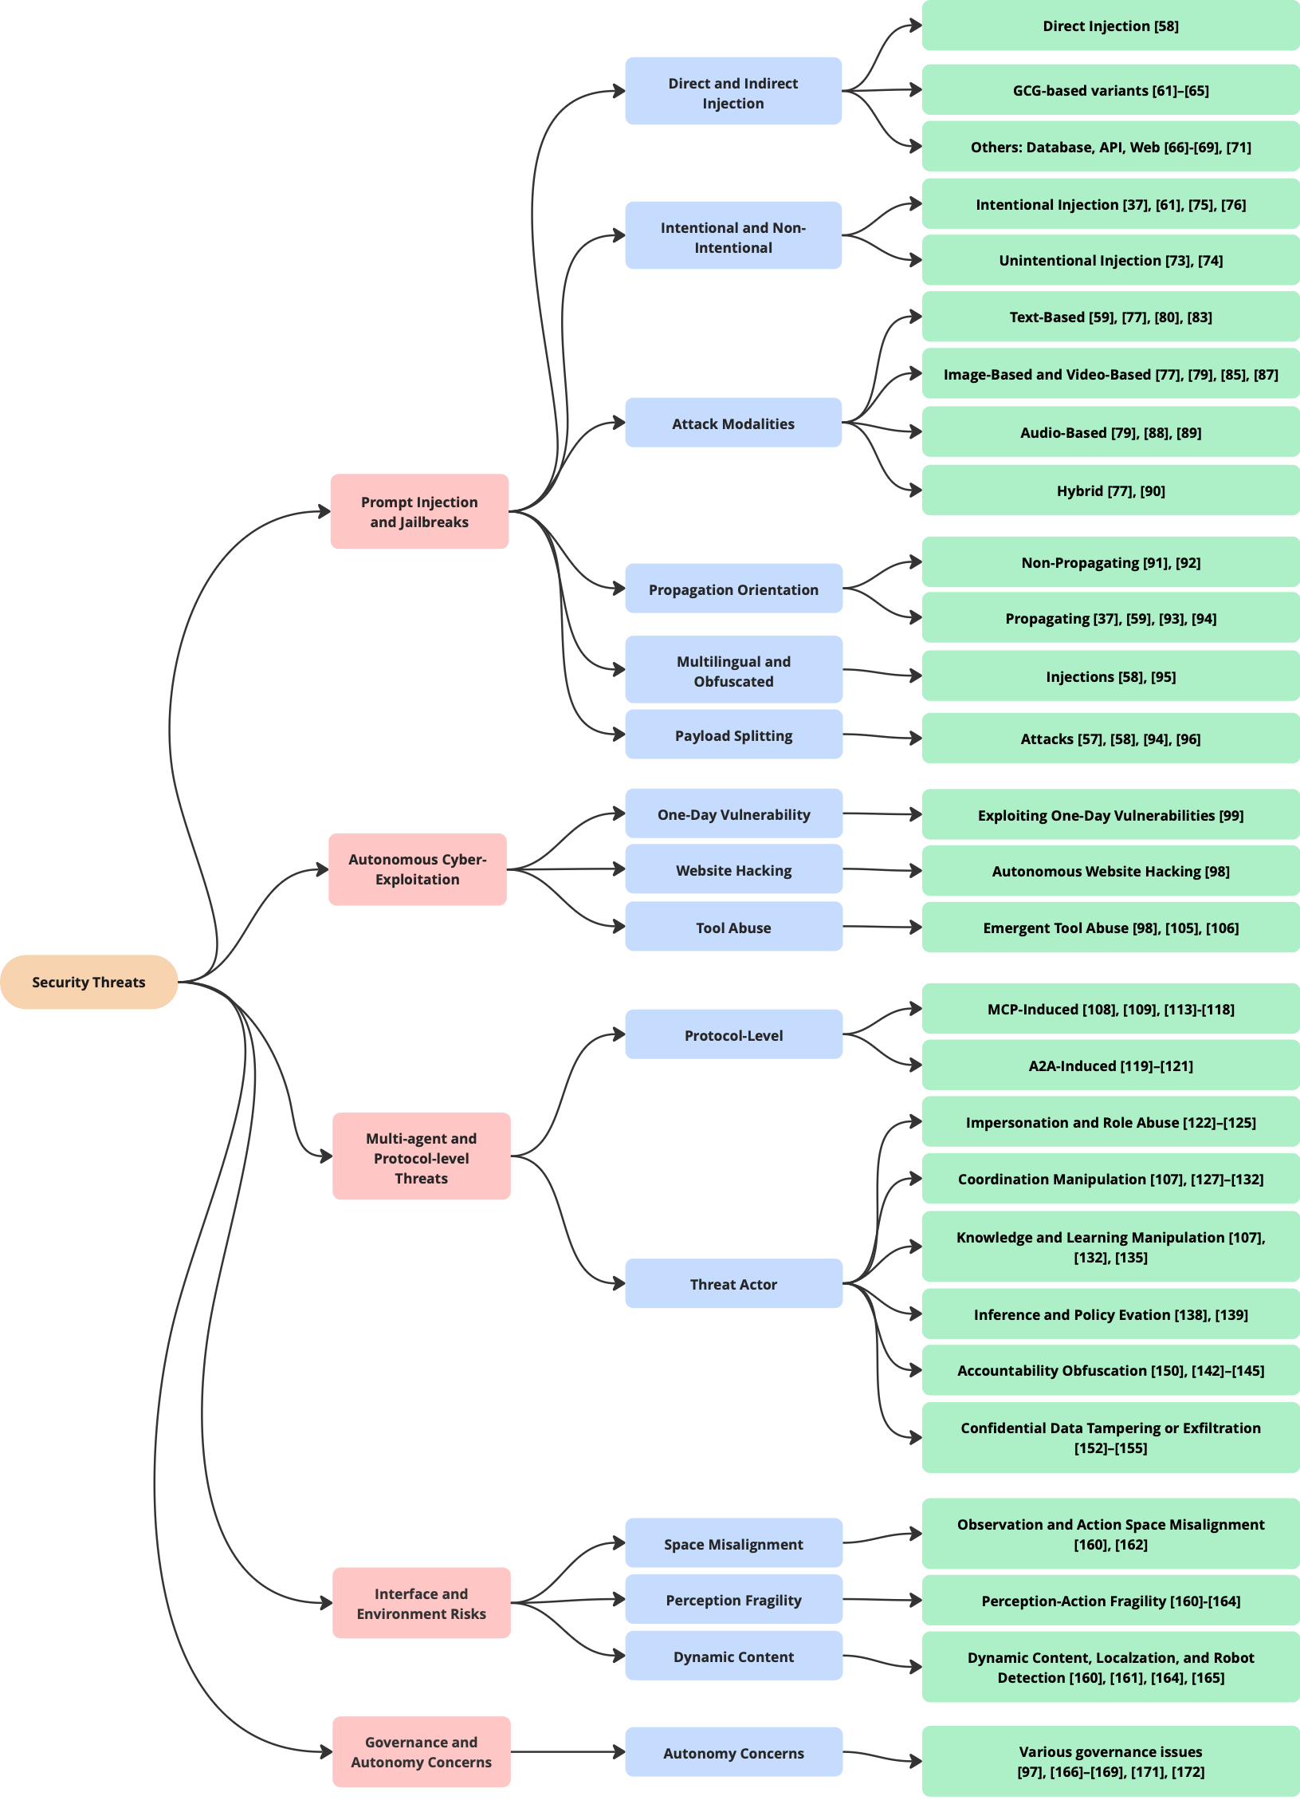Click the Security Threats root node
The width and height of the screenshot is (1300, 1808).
pos(88,982)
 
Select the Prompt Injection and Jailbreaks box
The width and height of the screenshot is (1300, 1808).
pos(419,511)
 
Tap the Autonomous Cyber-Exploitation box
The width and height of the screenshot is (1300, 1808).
pos(417,869)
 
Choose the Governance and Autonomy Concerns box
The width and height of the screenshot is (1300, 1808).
pos(421,1751)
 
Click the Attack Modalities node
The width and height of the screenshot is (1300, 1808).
pos(732,423)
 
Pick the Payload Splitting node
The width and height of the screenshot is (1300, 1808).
pos(732,735)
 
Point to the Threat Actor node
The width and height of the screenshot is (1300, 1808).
pos(732,1283)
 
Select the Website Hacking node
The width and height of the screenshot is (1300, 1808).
pos(732,869)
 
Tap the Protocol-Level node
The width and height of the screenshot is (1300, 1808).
pos(732,1034)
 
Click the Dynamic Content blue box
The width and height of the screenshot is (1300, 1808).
pos(732,1656)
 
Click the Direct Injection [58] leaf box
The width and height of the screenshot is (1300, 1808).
pos(1110,26)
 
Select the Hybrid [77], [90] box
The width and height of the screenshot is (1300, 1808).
pos(1110,490)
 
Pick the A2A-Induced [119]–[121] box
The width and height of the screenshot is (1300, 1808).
pos(1110,1065)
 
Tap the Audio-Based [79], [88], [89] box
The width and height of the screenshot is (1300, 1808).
pos(1110,432)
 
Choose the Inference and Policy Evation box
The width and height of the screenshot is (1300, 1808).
pos(1110,1314)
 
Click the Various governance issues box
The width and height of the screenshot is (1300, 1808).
pos(1110,1761)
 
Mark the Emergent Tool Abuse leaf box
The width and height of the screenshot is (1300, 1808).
pos(1110,928)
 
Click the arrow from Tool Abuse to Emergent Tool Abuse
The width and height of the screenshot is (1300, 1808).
pos(882,927)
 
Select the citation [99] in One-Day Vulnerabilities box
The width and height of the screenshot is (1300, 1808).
pos(1231,815)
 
